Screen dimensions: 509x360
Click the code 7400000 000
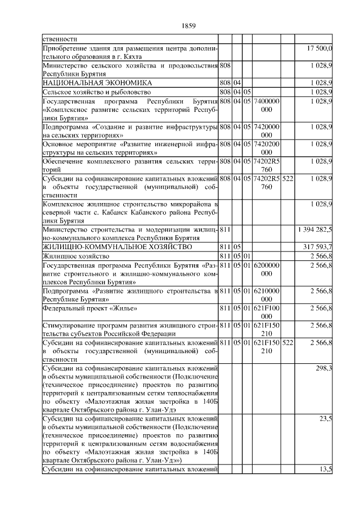(x=267, y=104)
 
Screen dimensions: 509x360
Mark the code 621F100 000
(x=267, y=312)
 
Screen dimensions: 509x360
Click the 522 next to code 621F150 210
(x=287, y=341)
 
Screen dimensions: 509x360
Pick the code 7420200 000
(x=267, y=148)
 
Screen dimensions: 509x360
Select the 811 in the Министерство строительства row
(x=225, y=229)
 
